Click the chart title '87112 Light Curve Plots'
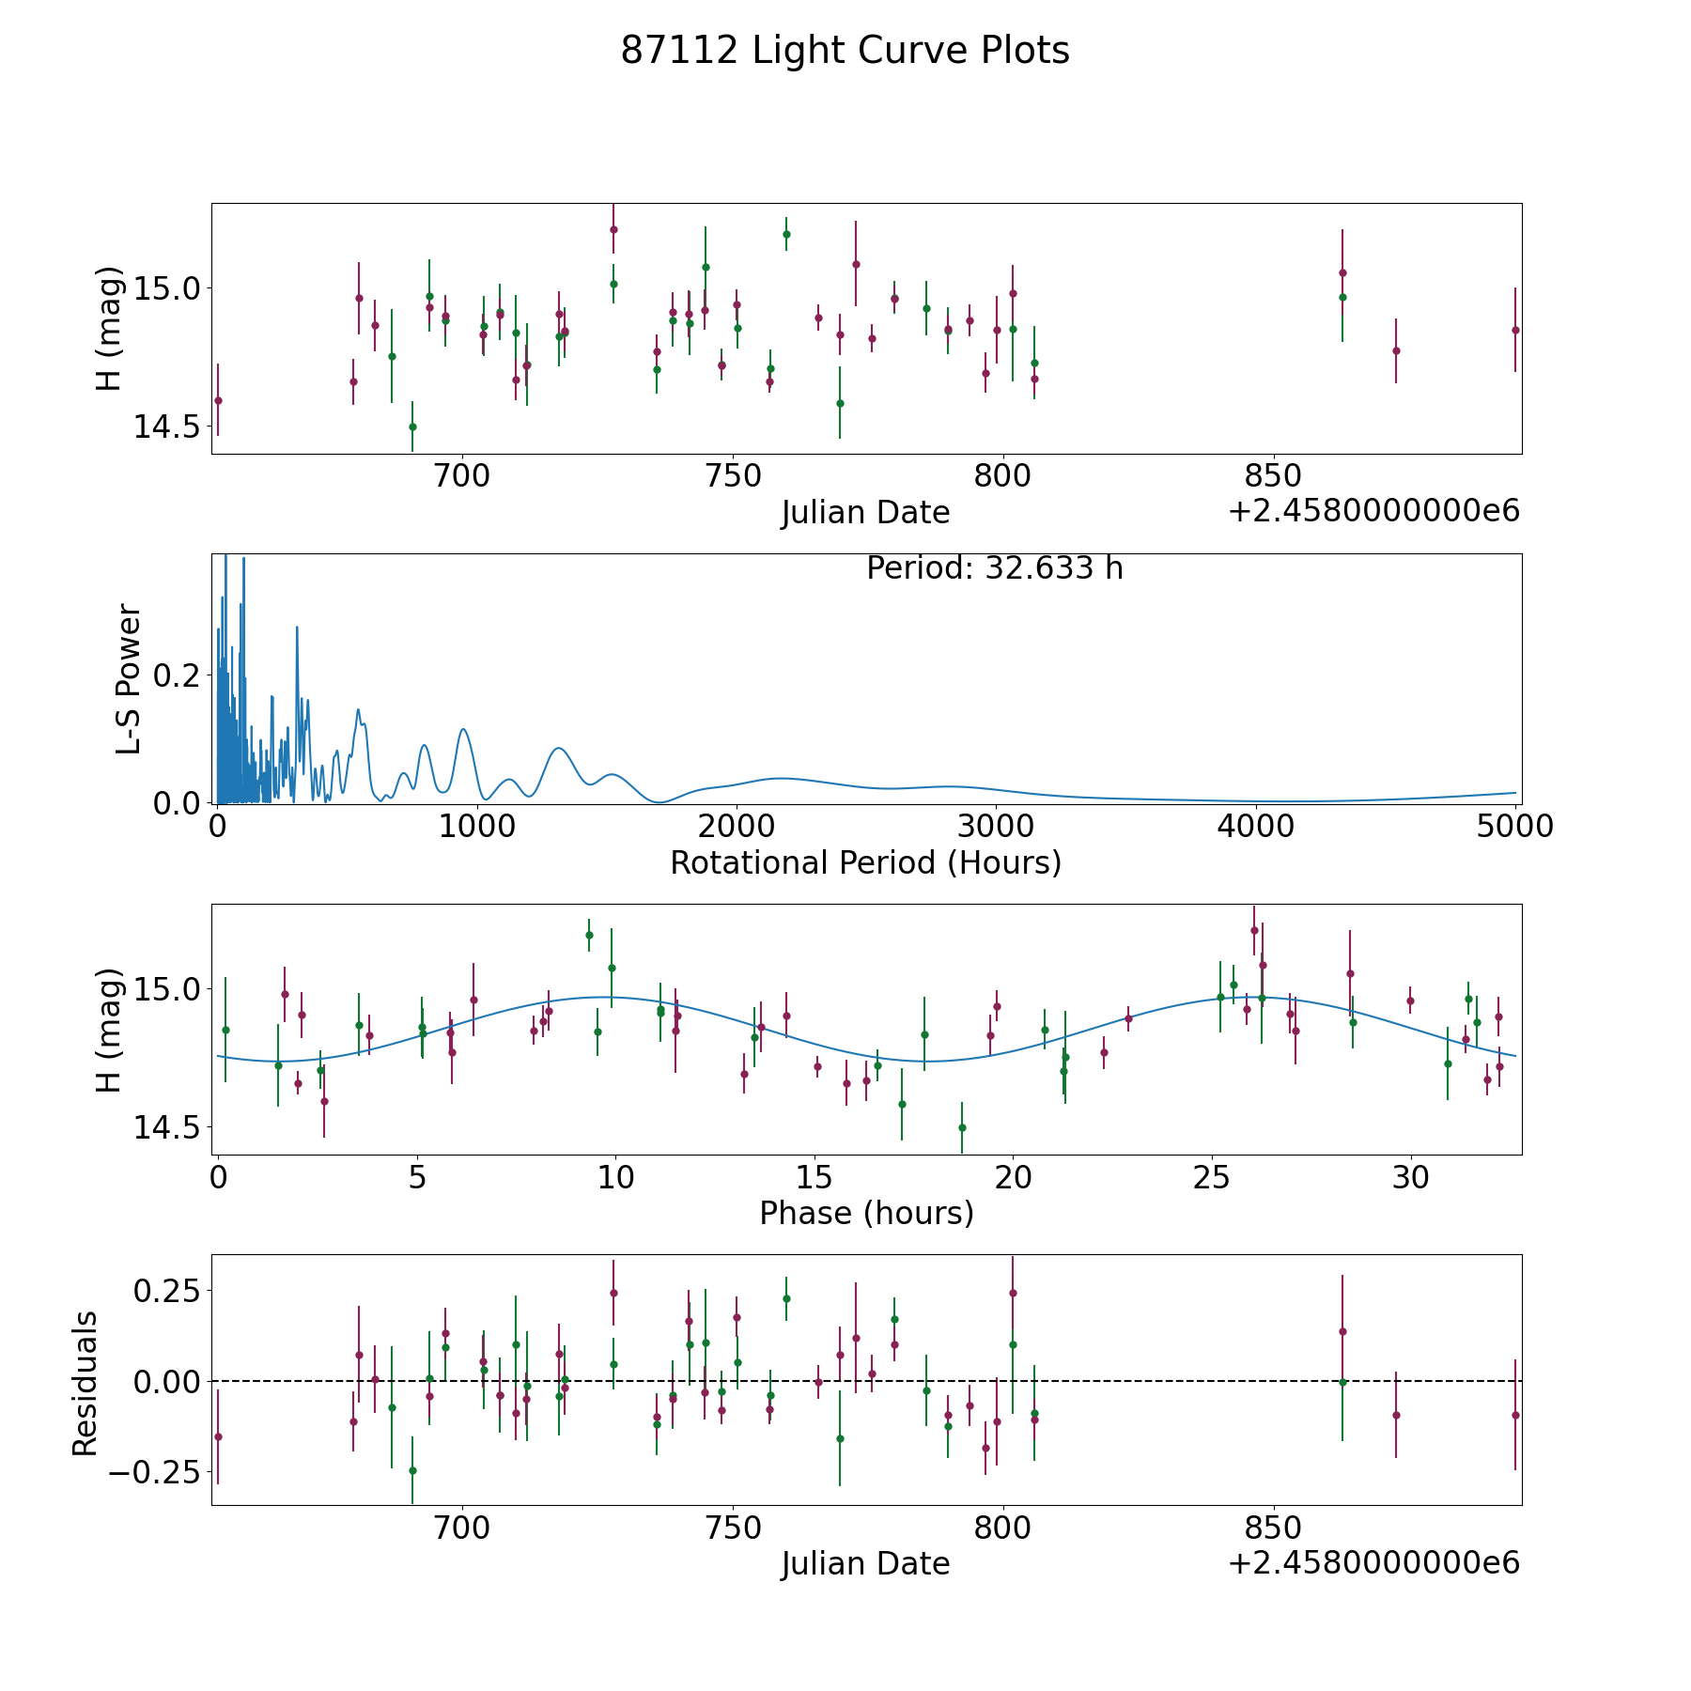845,51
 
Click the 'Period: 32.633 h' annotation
994,568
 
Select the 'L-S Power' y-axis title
130,679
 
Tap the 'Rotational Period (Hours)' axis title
865,862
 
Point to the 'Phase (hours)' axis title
866,1213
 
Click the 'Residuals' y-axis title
85,1383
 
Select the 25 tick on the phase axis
1212,1177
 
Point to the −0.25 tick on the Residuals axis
154,1472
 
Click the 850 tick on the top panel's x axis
1273,476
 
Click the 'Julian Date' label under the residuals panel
865,1564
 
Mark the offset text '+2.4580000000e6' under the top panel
1373,512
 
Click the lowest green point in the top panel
412,427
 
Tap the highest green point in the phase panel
589,935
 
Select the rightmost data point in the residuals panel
1515,1415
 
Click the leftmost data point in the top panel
218,400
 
